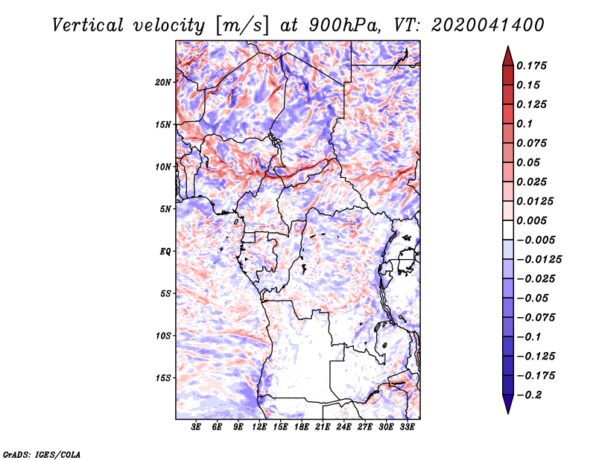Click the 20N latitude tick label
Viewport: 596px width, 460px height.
tap(163, 83)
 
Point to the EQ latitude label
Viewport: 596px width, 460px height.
tap(165, 252)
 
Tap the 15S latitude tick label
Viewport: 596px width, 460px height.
tap(163, 378)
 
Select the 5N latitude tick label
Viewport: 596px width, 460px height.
tap(165, 209)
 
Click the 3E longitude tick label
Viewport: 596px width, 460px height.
tap(196, 427)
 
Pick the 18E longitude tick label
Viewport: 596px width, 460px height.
tap(302, 427)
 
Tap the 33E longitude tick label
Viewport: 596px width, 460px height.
tap(407, 427)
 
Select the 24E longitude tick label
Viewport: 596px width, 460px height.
tap(343, 427)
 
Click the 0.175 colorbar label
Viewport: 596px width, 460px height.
tap(531, 66)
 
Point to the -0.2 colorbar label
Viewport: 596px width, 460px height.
tap(529, 395)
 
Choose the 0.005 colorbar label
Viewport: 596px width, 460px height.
tap(531, 220)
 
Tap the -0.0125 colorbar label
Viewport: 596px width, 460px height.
tap(539, 260)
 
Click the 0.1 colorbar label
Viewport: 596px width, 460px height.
tap(524, 124)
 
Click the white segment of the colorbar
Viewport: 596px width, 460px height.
tap(508, 230)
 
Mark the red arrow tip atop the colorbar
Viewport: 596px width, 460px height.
tap(508, 47)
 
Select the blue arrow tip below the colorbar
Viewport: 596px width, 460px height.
tap(508, 413)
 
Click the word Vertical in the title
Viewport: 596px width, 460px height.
tap(88, 25)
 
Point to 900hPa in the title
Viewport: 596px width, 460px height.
tap(345, 25)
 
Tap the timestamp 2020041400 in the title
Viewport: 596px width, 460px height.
tap(488, 25)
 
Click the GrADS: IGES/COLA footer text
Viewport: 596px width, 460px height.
tap(42, 455)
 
